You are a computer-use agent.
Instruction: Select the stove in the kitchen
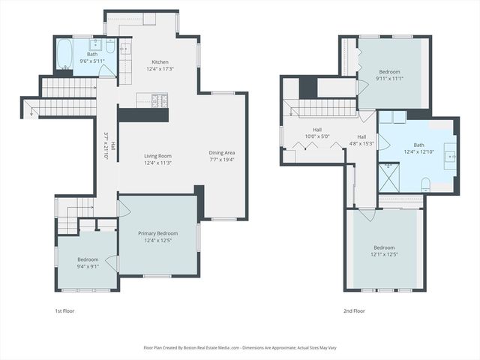click(159, 100)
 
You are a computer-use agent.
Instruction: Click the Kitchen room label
click(160, 62)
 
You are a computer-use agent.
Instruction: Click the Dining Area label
click(221, 153)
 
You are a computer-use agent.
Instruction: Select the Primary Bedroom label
click(157, 233)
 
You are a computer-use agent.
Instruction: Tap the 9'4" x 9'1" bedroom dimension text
click(88, 266)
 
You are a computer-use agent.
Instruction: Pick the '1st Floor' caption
click(64, 310)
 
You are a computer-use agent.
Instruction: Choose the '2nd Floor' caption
click(353, 310)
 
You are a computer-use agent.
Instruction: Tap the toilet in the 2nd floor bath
click(425, 182)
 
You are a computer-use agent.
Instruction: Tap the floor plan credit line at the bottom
click(240, 348)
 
